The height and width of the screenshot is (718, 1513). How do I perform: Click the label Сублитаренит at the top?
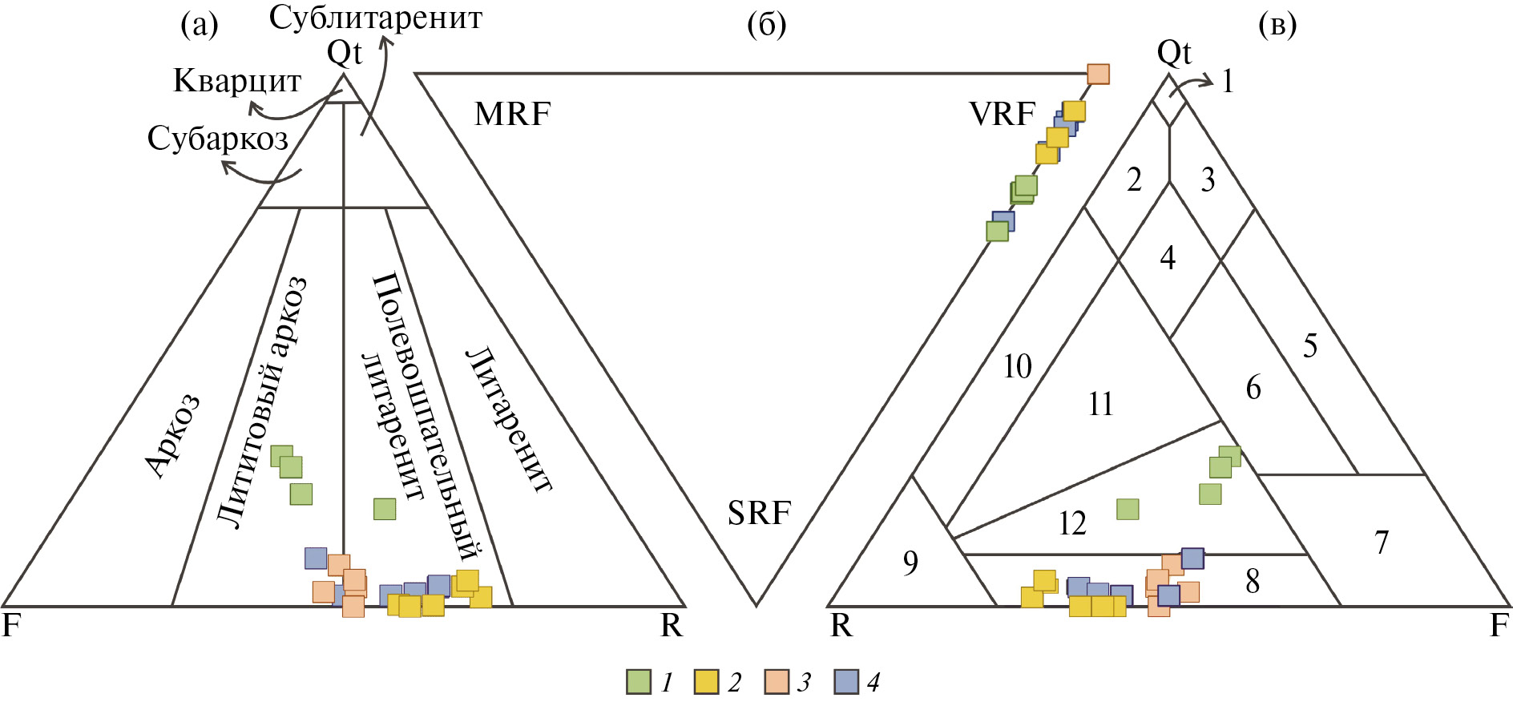(x=375, y=18)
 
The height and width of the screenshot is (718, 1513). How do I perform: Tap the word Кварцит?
(x=237, y=81)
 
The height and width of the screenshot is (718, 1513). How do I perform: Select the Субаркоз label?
(x=217, y=139)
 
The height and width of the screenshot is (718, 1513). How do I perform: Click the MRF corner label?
(x=512, y=115)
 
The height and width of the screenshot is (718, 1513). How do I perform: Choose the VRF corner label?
(x=1002, y=115)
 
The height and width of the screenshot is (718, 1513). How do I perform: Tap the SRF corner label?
(x=759, y=513)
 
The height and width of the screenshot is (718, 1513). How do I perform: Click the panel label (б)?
(x=766, y=26)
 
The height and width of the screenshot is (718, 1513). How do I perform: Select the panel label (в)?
(x=1277, y=26)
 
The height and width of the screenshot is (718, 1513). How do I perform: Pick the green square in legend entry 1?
(x=639, y=682)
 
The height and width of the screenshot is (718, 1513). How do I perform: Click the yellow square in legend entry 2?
(x=706, y=682)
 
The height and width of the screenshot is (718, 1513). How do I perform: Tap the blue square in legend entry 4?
(x=846, y=682)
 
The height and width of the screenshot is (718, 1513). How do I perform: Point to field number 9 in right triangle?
(x=910, y=563)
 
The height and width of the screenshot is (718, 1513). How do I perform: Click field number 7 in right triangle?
(x=1382, y=543)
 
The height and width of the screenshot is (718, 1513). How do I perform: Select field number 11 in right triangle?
(x=1101, y=404)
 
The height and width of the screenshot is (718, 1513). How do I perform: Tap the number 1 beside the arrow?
(x=1227, y=81)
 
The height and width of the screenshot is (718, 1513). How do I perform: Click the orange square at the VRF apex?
(x=1098, y=75)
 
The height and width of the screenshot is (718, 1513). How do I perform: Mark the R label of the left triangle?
(x=672, y=625)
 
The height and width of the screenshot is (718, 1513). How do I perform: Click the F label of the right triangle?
(x=1499, y=625)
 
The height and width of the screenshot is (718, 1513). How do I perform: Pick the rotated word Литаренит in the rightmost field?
(x=510, y=418)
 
